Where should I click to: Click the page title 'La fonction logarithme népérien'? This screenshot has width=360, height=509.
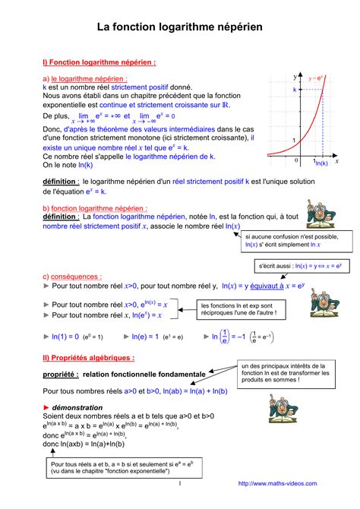(x=179, y=27)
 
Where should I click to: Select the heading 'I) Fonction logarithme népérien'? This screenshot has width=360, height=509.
(x=99, y=62)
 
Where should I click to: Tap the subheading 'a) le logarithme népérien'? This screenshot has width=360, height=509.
(x=85, y=78)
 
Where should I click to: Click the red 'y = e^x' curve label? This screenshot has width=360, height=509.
(x=317, y=77)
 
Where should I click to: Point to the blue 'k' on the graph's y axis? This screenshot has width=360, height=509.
(x=295, y=90)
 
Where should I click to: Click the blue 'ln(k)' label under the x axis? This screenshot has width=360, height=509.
(x=321, y=163)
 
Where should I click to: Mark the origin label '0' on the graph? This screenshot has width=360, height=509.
(x=297, y=161)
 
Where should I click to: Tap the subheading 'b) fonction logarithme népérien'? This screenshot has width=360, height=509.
(x=95, y=208)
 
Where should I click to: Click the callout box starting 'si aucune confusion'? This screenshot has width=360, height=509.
(x=291, y=241)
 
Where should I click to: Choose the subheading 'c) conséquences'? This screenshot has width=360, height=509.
(x=72, y=277)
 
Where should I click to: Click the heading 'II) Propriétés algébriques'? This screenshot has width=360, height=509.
(x=89, y=358)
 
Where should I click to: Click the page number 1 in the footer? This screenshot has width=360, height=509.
(x=179, y=482)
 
